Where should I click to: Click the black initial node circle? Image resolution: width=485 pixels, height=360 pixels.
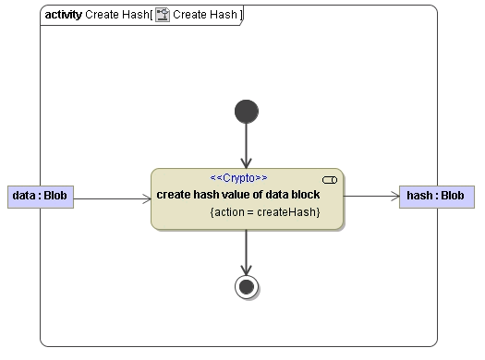[x=246, y=112]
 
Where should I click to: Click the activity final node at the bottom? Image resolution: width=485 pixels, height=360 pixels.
[x=247, y=287]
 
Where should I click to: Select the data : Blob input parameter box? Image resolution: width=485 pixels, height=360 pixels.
[x=40, y=196]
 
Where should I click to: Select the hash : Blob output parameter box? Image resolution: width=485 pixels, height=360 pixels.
[x=437, y=196]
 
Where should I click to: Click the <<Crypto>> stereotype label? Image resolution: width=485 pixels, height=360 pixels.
[x=238, y=177]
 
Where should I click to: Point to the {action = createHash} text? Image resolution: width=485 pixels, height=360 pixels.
[x=265, y=212]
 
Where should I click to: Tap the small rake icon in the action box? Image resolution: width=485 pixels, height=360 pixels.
[x=329, y=179]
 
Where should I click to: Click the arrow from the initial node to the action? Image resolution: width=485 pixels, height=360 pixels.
[x=246, y=145]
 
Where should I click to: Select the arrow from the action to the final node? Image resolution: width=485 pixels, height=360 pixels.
[x=246, y=250]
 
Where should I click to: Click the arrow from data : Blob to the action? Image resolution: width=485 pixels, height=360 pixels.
[x=111, y=197]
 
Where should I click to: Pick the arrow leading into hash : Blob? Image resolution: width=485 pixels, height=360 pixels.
[x=370, y=196]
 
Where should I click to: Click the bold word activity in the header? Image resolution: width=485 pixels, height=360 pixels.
[x=63, y=16]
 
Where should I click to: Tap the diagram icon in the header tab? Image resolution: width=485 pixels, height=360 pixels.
[x=163, y=16]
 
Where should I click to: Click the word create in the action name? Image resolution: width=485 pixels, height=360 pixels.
[x=173, y=195]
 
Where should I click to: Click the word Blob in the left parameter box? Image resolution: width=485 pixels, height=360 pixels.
[x=55, y=196]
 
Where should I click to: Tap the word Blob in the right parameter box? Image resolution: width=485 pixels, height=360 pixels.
[x=452, y=196]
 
